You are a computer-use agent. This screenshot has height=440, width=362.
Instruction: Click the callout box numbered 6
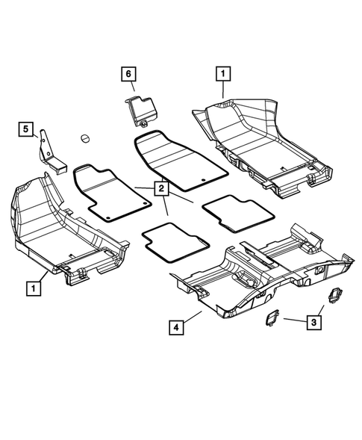click(128, 73)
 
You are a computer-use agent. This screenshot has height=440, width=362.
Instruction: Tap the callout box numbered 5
click(26, 130)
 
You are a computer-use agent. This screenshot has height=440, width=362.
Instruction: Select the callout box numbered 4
click(175, 326)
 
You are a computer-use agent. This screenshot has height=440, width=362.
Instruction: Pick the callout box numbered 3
click(315, 322)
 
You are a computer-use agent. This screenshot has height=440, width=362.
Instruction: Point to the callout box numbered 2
click(160, 189)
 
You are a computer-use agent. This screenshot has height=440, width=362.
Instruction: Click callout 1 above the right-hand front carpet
click(222, 73)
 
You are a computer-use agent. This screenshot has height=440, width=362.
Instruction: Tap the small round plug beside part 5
click(84, 137)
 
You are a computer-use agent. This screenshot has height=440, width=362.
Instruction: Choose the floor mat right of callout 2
click(228, 215)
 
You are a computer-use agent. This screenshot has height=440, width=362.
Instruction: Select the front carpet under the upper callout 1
click(254, 142)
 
